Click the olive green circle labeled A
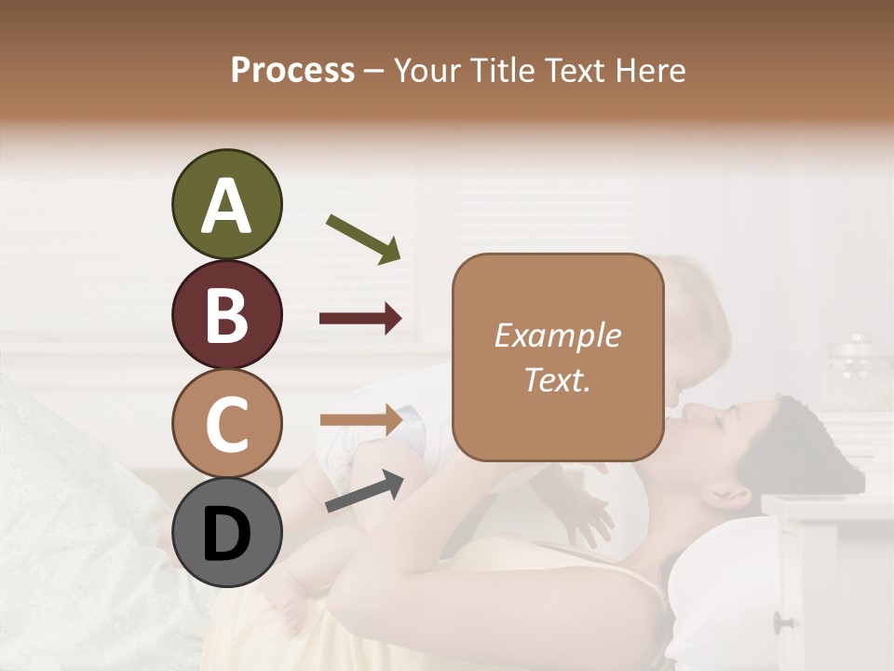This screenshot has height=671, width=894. coord(226,205)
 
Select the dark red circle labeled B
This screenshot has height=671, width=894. coord(226,314)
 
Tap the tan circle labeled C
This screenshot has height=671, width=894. coord(226,423)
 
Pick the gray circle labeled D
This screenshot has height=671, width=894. coord(226,532)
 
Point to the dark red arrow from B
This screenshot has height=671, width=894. coord(360,319)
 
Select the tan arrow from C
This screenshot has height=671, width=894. coord(360,419)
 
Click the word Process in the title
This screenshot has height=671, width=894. coord(292,70)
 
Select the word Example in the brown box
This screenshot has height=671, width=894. coord(557,335)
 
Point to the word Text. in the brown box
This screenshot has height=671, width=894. coord(557,380)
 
